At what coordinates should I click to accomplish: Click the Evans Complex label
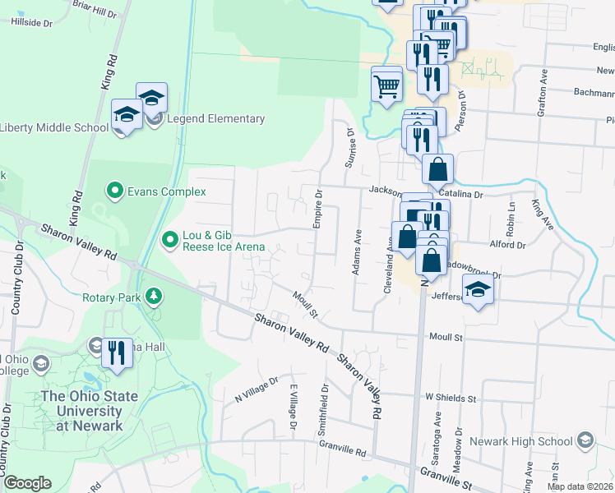point(166,192)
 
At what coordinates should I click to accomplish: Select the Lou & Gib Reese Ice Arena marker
point(170,240)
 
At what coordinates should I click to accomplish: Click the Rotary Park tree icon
point(152,296)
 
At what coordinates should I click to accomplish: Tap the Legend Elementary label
point(215,119)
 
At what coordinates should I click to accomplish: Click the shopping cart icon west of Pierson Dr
point(387,84)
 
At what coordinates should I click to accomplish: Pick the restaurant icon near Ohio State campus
point(117,352)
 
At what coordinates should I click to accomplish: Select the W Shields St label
point(451,397)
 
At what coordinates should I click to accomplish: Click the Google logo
point(27,483)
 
